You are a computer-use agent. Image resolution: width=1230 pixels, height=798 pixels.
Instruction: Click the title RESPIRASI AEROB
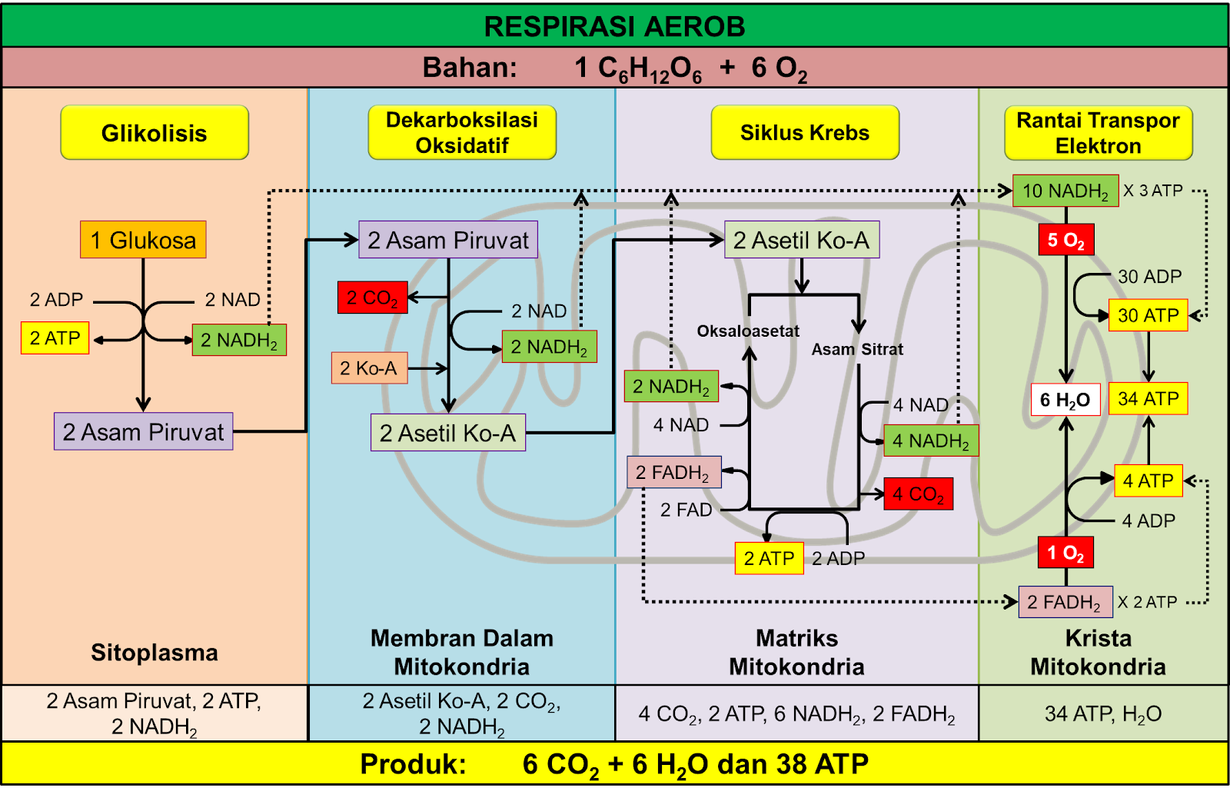614,27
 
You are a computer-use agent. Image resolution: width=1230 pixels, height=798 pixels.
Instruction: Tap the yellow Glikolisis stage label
155,133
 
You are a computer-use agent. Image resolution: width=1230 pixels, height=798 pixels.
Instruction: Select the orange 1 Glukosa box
143,240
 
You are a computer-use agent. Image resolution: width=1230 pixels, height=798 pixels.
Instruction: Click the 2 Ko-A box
368,368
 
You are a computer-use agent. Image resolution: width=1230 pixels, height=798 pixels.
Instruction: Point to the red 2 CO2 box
372,298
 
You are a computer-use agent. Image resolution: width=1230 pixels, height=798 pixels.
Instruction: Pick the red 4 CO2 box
918,494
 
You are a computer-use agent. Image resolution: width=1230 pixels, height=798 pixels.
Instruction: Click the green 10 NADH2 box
1065,191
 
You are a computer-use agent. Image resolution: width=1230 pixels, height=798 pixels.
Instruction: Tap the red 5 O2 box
1065,241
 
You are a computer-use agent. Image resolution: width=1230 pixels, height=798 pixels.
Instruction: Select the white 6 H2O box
1065,400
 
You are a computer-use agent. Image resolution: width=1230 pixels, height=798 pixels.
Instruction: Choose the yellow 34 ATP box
1148,399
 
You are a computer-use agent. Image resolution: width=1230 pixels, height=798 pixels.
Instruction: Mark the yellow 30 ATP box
1148,315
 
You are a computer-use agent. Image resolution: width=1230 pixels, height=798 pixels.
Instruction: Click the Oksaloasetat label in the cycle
748,331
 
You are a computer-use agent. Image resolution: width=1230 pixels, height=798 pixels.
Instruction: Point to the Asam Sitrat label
857,349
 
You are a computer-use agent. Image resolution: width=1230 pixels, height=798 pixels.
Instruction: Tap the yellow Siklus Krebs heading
805,133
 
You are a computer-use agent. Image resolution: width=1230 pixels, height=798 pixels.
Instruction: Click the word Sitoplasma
155,653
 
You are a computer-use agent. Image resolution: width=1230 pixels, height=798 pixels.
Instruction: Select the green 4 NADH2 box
930,441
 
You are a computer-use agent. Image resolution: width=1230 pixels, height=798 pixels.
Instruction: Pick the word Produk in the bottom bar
413,764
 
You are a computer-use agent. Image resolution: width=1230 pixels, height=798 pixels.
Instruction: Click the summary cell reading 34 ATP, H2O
1102,714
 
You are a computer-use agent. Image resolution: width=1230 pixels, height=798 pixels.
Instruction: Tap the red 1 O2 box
1065,553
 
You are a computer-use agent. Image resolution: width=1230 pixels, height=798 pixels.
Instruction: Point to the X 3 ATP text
1152,191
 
